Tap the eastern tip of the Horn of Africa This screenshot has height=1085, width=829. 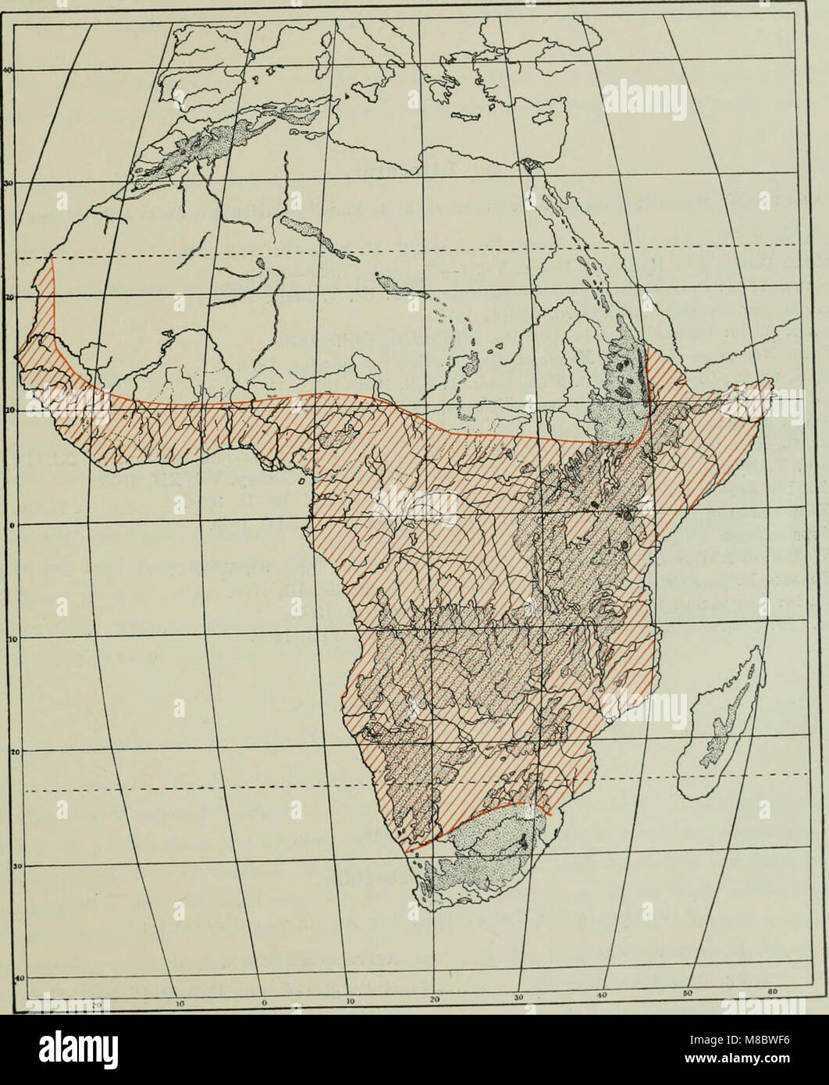point(770,382)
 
